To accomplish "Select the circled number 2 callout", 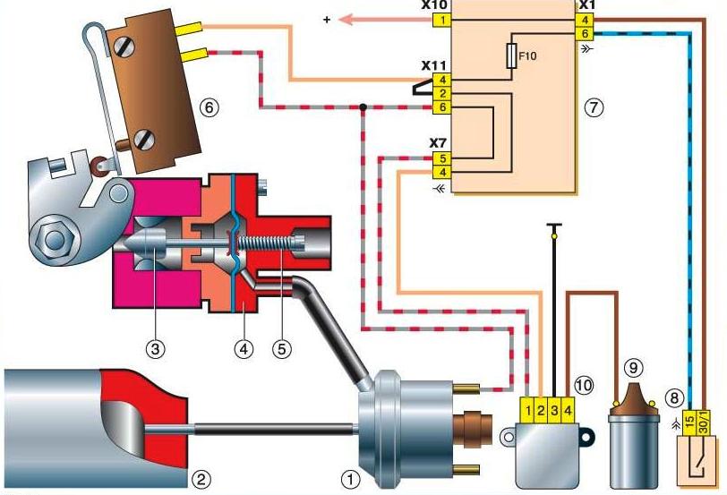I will click(x=202, y=479).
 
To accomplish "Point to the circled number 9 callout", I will click(x=634, y=366).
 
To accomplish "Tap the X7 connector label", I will click(x=438, y=143).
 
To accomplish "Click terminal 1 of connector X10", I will click(x=441, y=19).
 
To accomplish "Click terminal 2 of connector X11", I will click(x=441, y=93).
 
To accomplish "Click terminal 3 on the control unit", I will click(x=555, y=411).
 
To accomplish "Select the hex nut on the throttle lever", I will click(x=51, y=239).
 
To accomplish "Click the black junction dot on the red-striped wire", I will click(x=363, y=108).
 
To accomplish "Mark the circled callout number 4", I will click(x=242, y=348).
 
